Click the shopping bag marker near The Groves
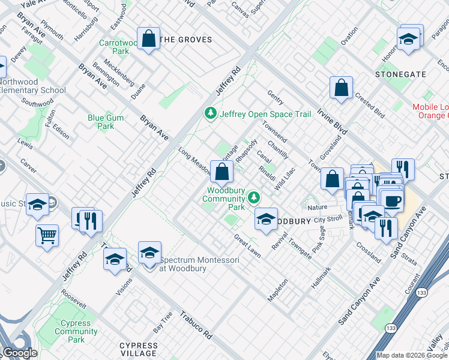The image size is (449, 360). (x=148, y=40)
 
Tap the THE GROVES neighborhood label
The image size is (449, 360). (x=187, y=40)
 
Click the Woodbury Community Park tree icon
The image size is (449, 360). (x=254, y=196)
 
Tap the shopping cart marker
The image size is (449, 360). (x=47, y=235)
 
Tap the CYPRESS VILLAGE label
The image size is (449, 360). (x=147, y=346)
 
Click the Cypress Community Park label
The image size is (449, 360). (x=76, y=331)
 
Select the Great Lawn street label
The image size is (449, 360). (x=247, y=246)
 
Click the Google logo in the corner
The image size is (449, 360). (x=20, y=353)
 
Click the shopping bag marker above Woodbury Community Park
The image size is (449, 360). (x=221, y=172)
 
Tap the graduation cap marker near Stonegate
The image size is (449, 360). (x=408, y=39)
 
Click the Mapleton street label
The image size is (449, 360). (x=278, y=290)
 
